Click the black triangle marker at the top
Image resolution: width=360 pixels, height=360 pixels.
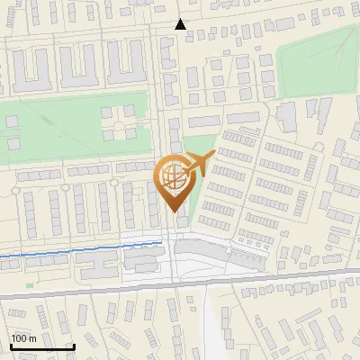point(181,24)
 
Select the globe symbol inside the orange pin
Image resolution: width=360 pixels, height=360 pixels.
point(172,175)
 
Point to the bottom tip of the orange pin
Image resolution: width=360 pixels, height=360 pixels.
point(173,211)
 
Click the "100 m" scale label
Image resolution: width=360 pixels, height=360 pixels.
point(23,337)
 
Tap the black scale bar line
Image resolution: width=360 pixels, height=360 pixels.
point(42,346)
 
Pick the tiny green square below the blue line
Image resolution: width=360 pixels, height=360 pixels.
point(30,285)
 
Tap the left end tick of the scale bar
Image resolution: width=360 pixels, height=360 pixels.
point(11,346)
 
